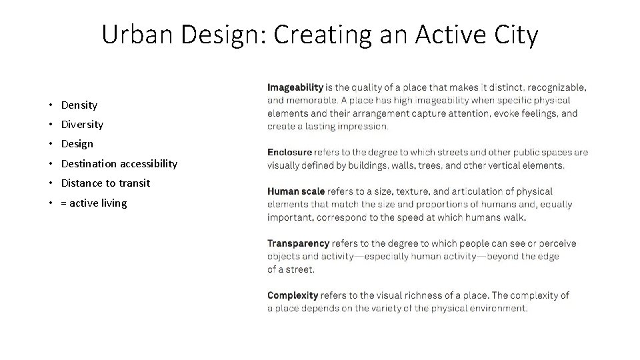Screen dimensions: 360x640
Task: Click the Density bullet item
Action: pyautogui.click(x=79, y=105)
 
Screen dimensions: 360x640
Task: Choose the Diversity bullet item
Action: pyautogui.click(x=82, y=124)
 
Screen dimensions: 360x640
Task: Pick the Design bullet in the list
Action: pyautogui.click(x=77, y=143)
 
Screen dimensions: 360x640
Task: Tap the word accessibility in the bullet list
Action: pyautogui.click(x=149, y=163)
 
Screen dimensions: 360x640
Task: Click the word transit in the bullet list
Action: pyautogui.click(x=135, y=183)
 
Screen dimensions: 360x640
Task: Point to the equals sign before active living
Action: pyautogui.click(x=64, y=203)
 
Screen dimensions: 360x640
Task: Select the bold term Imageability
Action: pyautogui.click(x=295, y=87)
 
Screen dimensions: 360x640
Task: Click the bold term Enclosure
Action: pyautogui.click(x=289, y=153)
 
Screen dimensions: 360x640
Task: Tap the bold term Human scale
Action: pyautogui.click(x=296, y=192)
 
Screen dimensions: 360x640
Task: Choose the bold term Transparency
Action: pyautogui.click(x=298, y=244)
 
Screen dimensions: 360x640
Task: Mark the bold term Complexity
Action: pyautogui.click(x=293, y=295)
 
